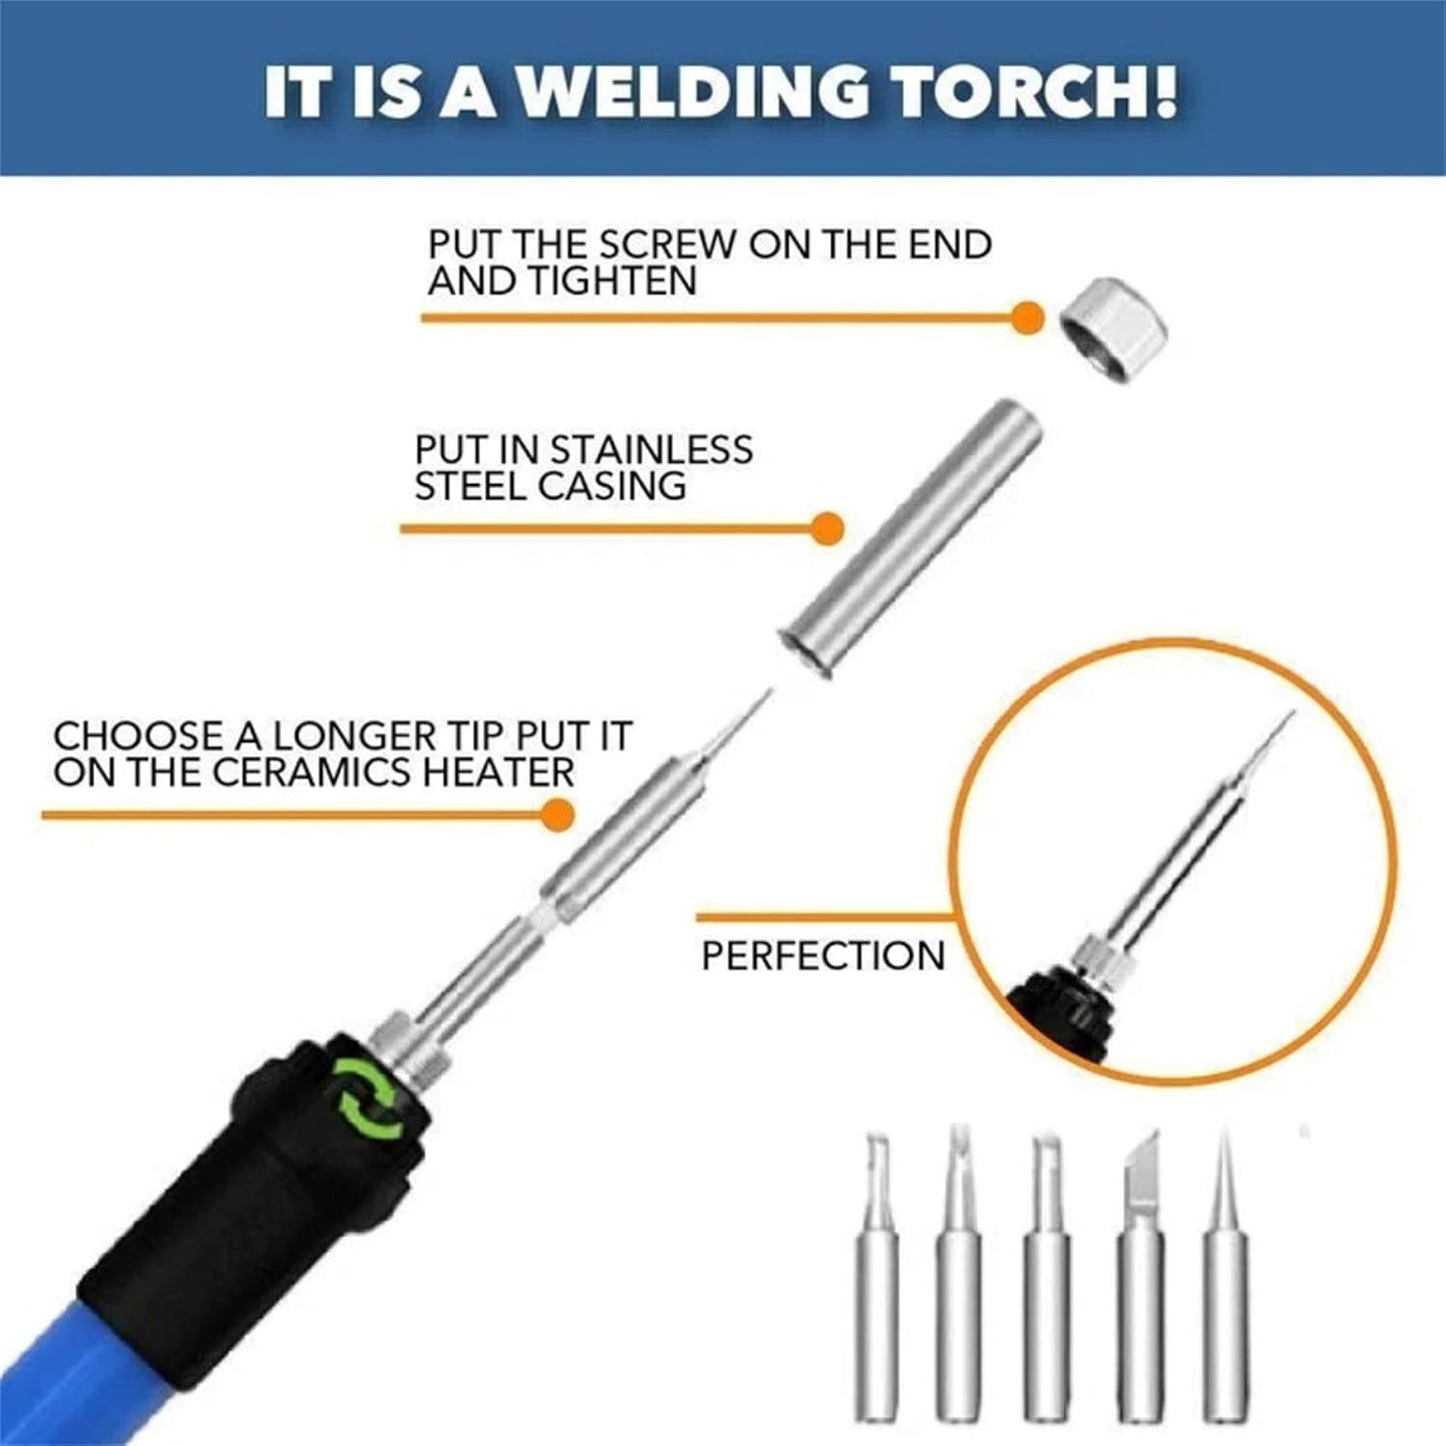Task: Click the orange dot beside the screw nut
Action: (1028, 317)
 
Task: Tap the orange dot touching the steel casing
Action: (827, 528)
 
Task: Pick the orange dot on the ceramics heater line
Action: (557, 816)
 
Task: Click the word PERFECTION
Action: (823, 955)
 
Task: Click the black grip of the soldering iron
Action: (260, 1186)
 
